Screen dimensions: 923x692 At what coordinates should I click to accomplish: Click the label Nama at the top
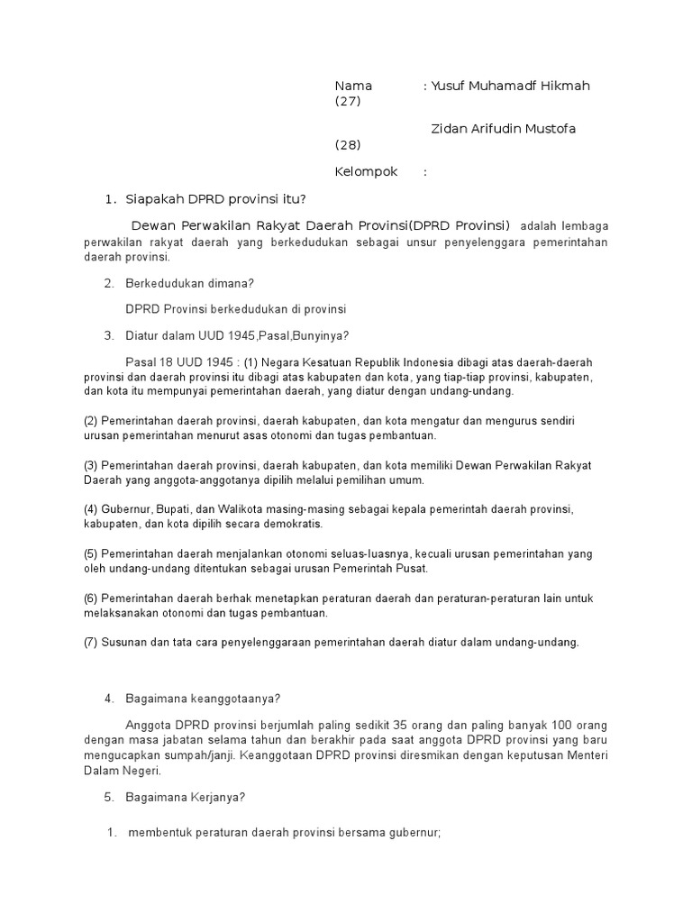(353, 86)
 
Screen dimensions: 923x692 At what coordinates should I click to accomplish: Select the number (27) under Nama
(347, 102)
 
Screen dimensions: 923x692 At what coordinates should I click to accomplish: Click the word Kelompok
(366, 172)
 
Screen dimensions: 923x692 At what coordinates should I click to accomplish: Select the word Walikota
(246, 509)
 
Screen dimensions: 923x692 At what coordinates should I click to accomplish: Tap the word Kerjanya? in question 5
(216, 797)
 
